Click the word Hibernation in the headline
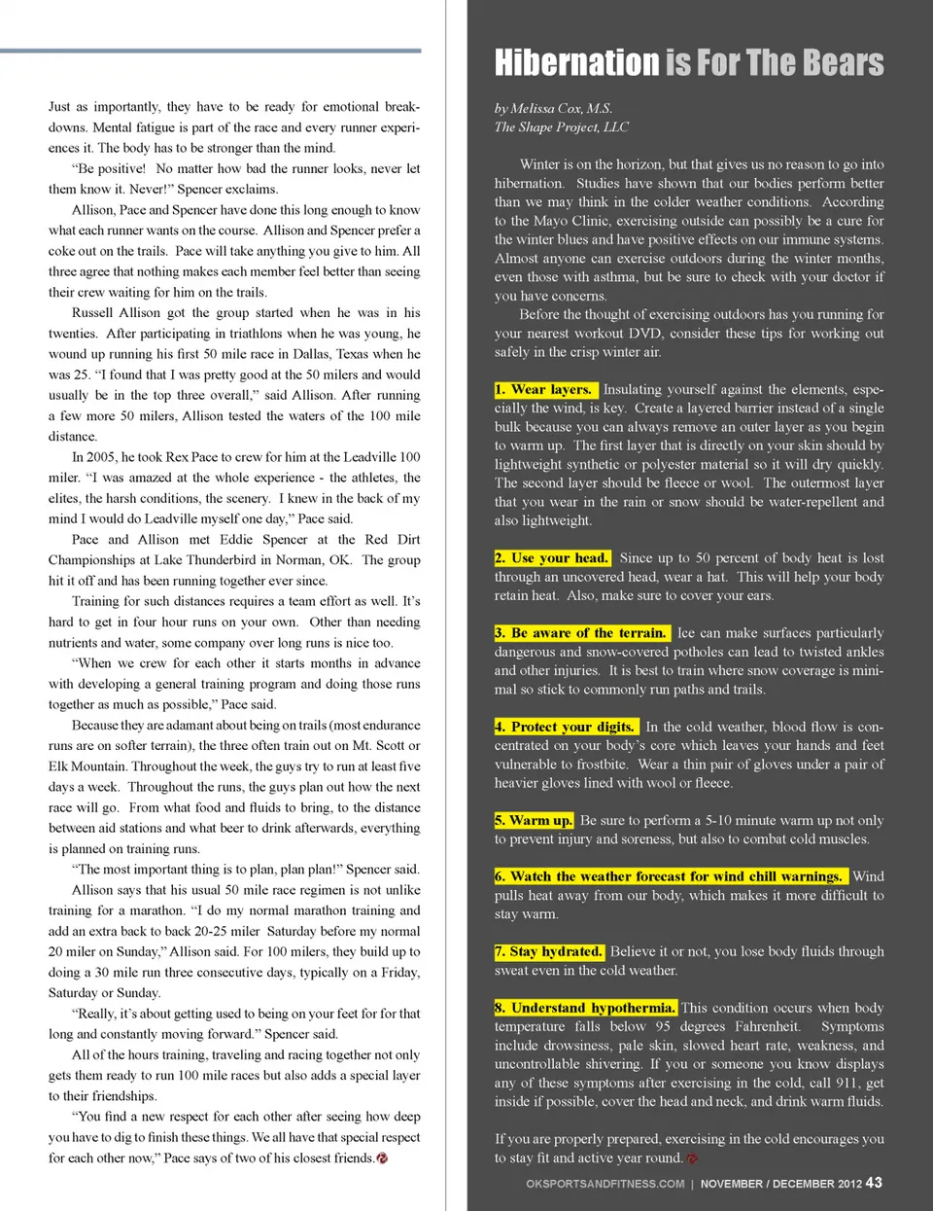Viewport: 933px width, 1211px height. tap(576, 63)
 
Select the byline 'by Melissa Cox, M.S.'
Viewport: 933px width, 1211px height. tap(553, 108)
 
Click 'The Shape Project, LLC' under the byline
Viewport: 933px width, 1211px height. tap(561, 126)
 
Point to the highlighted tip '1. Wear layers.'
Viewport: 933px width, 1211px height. tap(545, 389)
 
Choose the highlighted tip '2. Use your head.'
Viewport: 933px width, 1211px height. tap(552, 557)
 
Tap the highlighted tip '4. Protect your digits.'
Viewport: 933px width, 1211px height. tap(566, 727)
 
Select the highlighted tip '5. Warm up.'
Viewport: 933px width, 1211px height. tap(534, 820)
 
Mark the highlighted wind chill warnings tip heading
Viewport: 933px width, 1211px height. tap(670, 876)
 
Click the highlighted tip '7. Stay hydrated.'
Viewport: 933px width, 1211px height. tap(549, 951)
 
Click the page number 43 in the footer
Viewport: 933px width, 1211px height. tap(874, 1182)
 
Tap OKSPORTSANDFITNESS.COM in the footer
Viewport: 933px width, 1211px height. tap(605, 1184)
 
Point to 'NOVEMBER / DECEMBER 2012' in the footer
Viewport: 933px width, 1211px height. tap(780, 1184)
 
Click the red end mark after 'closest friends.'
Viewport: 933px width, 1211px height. tap(382, 1158)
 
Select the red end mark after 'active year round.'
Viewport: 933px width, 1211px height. tap(692, 1158)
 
